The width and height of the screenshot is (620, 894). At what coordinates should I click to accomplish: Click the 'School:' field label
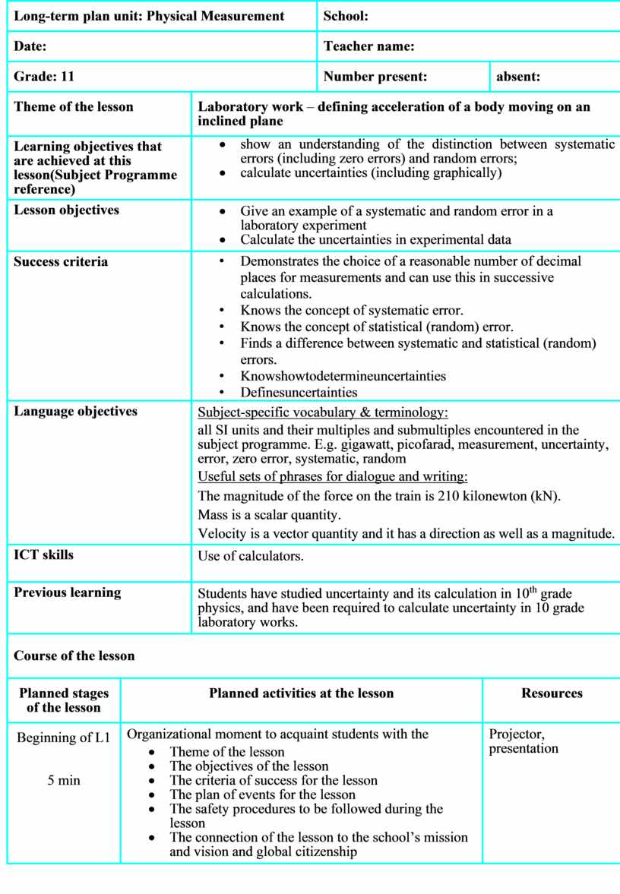coord(346,16)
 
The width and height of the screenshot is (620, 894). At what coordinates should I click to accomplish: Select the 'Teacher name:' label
coord(369,46)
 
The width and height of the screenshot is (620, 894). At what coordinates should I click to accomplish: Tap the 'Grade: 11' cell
coord(44,77)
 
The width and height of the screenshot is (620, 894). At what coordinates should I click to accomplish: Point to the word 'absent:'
coord(518,77)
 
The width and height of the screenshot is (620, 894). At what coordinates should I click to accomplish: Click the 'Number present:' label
coord(375,77)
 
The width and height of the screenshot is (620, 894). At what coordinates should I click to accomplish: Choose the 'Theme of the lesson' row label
coord(74,107)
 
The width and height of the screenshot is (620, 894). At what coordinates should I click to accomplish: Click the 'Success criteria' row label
coord(61,262)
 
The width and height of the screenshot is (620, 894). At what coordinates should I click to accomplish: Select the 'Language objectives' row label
coord(76,412)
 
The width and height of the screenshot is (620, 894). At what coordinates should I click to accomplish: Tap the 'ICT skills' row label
coord(44,555)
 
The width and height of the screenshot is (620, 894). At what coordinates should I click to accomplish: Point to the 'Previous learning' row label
coord(68,592)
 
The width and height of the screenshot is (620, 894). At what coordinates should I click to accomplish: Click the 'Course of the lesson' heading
coord(74,656)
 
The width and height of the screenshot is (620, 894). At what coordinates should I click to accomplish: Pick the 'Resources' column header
coord(552,693)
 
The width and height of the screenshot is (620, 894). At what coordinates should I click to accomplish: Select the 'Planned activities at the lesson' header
coord(302,693)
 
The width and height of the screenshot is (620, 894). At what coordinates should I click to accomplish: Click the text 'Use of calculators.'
coord(251,556)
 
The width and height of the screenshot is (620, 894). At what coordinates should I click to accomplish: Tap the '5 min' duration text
coord(64,780)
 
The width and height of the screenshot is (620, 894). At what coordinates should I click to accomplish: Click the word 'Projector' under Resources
coord(517,734)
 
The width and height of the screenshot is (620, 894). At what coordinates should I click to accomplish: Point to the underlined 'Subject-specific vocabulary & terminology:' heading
coord(323,413)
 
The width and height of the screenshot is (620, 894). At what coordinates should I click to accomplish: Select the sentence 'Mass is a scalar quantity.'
coord(269,515)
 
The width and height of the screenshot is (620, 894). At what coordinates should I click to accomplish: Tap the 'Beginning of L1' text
coord(64,738)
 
